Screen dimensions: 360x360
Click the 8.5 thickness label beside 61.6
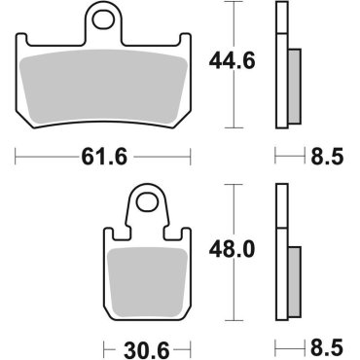coord(326,155)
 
